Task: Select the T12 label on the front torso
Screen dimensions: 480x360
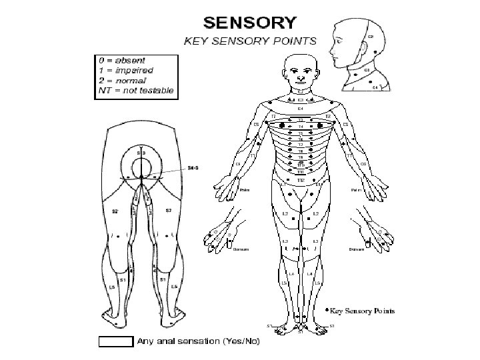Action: pyautogui.click(x=301, y=180)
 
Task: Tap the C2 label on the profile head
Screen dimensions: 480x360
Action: pyautogui.click(x=371, y=36)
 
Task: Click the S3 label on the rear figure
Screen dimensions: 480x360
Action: pyautogui.click(x=141, y=154)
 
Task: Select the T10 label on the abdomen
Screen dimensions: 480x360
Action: pyautogui.click(x=301, y=172)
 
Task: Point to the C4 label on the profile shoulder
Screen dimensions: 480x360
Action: pyautogui.click(x=375, y=87)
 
